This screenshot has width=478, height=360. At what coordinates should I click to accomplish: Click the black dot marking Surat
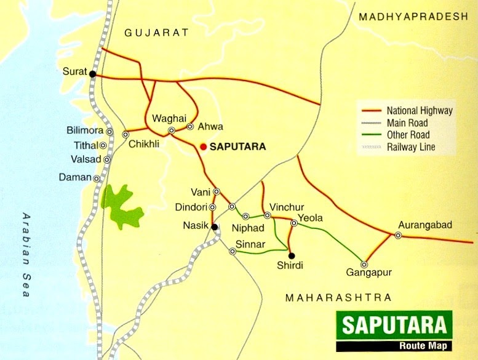92,74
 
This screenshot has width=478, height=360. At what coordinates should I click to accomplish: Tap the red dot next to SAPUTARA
203,147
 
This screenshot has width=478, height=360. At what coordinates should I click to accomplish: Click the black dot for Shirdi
292,255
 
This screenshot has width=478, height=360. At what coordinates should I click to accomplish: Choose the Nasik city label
196,226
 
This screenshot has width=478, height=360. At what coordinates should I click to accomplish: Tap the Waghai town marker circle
172,130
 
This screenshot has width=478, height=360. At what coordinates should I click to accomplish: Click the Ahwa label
206,126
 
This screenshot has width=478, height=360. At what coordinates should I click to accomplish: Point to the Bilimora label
85,131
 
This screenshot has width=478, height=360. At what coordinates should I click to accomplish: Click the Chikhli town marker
125,134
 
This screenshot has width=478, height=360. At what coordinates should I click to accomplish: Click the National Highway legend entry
419,111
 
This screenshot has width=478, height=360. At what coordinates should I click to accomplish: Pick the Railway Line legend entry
410,147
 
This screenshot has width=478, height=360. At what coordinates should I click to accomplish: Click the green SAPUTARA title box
394,324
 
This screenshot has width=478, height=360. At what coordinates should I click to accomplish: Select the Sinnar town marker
232,251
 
